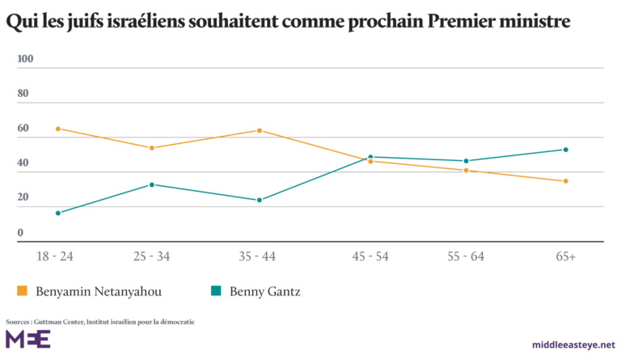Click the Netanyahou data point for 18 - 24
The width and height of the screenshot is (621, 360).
pos(58,129)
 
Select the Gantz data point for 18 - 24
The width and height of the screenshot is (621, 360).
pos(58,213)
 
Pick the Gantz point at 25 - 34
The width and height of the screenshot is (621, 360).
pos(151,184)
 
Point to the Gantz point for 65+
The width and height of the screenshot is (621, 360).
pos(566,150)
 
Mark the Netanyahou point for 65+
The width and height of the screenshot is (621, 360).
pos(566,180)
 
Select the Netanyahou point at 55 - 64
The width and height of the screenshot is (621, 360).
pos(466,171)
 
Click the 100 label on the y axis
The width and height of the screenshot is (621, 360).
pos(25,59)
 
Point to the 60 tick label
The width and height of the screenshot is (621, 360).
pos(23,129)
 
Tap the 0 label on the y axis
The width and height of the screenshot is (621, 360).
pos(20,233)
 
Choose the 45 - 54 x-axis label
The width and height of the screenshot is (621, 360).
pos(370,256)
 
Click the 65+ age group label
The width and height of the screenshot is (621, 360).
pos(565,256)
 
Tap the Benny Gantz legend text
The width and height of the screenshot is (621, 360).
pos(266,291)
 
